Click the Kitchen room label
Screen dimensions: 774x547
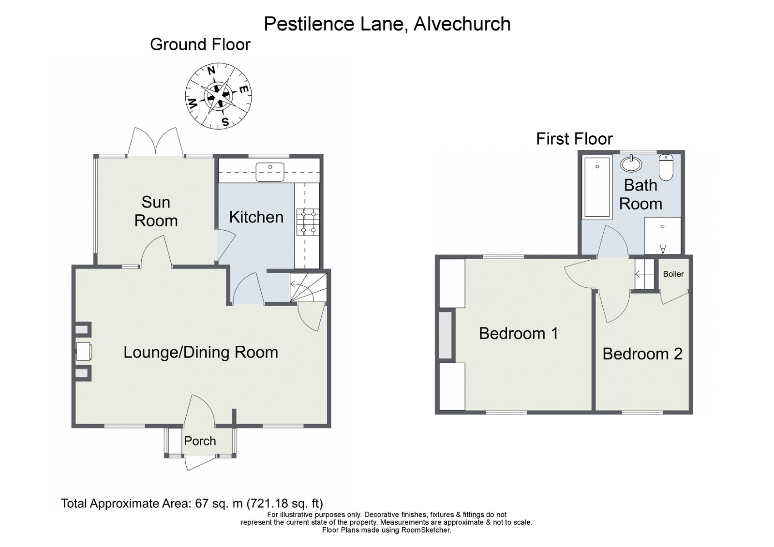[256, 217]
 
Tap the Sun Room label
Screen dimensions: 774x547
[156, 211]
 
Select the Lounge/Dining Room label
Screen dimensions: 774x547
[201, 353]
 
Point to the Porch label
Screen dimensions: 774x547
[200, 441]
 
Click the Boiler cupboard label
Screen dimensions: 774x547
[673, 274]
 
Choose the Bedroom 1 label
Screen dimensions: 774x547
[519, 333]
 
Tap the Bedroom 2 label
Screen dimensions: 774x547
[643, 354]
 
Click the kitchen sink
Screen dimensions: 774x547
[270, 172]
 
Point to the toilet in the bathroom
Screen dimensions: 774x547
[666, 168]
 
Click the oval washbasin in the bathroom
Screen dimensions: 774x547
[631, 164]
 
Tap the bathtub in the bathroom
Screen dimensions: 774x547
[597, 187]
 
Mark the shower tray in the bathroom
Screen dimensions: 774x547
[663, 236]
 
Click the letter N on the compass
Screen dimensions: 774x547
[211, 71]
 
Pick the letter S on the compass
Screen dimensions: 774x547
[225, 121]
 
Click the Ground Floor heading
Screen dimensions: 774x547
[200, 44]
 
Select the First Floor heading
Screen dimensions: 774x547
[574, 139]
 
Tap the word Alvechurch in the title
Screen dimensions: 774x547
[462, 24]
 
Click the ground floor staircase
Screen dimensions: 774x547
[308, 287]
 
